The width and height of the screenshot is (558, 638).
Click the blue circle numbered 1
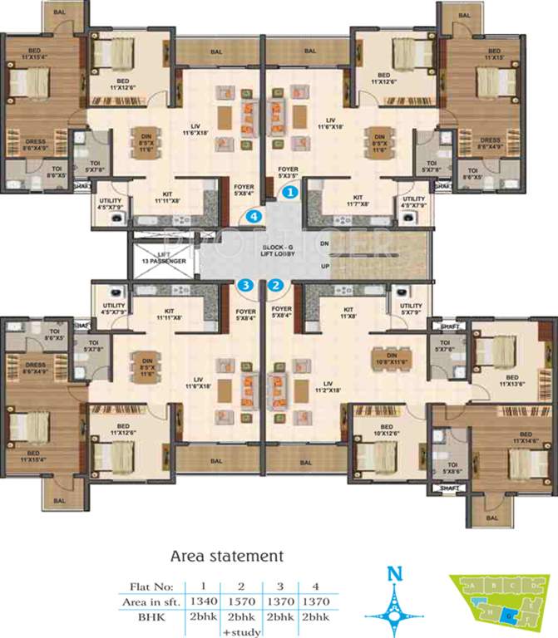[290, 192]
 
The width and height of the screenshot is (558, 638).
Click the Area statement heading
[226, 555]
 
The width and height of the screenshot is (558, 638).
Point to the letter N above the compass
[398, 573]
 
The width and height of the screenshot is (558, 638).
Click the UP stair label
[325, 266]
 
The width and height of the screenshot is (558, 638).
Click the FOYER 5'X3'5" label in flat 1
[289, 172]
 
